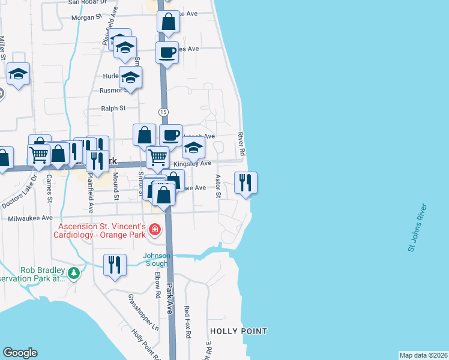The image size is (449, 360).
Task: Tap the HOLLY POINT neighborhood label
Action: (x=238, y=331)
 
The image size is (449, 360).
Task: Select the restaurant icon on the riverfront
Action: (x=245, y=182)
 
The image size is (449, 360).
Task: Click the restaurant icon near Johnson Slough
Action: (x=115, y=265)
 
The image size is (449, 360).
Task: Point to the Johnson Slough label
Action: (x=156, y=260)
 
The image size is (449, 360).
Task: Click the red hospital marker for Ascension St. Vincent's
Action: (x=155, y=229)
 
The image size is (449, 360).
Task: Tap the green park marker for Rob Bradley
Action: (x=74, y=274)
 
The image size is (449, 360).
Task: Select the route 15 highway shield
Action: (x=163, y=112)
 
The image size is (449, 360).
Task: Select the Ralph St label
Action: (x=113, y=109)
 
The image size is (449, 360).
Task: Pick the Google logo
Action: (x=20, y=353)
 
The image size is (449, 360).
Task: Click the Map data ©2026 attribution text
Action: (x=423, y=355)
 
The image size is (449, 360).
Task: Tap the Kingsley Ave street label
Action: (x=192, y=163)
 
